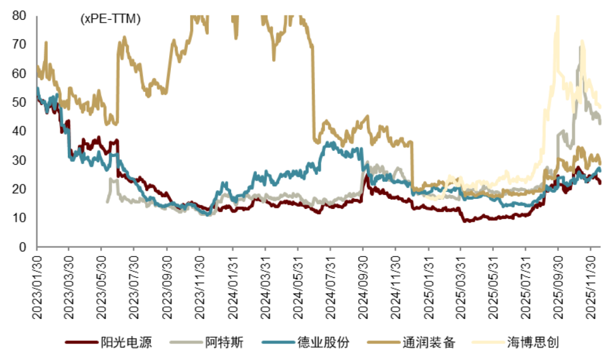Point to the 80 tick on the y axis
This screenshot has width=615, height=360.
pos(19,15)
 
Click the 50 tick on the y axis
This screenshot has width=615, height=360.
pos(19,103)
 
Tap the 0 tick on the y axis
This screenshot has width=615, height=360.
pos(23,247)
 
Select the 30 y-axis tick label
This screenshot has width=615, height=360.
pos(19,161)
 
